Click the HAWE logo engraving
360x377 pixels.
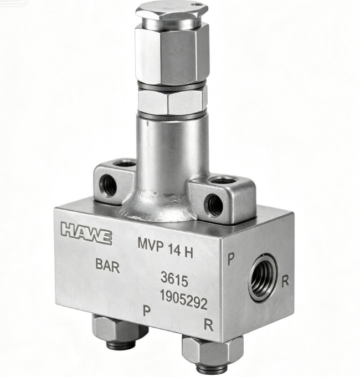[86, 233]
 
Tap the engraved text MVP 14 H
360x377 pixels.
[166, 248]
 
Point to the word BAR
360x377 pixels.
[107, 266]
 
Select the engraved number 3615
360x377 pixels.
[174, 279]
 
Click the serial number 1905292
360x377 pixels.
[184, 299]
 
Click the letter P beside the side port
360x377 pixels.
[231, 259]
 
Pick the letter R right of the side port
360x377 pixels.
[285, 281]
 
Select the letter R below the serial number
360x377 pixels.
[208, 325]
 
